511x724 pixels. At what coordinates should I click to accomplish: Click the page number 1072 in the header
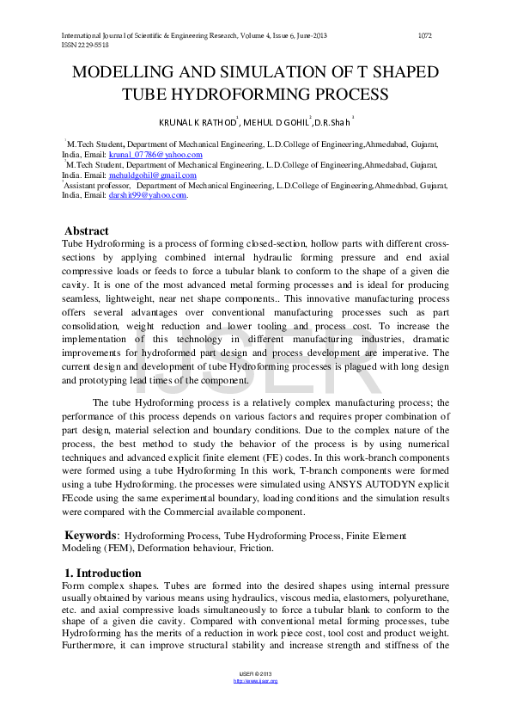[423, 35]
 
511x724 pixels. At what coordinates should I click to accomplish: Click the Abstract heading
[87, 230]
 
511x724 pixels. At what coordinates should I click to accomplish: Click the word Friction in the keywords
[250, 548]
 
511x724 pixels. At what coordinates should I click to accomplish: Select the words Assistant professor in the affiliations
[97, 185]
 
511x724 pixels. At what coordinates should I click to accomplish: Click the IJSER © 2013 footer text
[255, 674]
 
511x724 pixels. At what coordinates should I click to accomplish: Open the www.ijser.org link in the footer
[255, 681]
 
